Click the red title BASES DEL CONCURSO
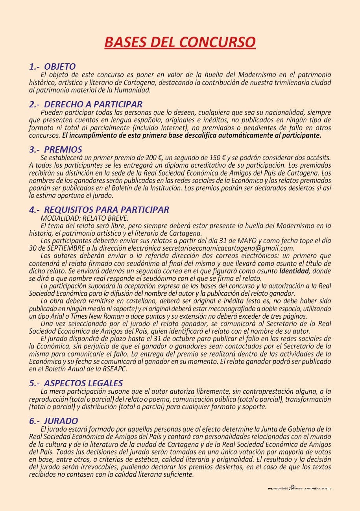click(x=180, y=42)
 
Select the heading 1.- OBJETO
click(x=52, y=66)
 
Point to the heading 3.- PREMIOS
click(x=55, y=149)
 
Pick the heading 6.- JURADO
click(x=54, y=421)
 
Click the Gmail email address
click(x=228, y=248)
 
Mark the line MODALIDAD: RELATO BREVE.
click(x=85, y=218)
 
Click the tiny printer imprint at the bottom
click(x=299, y=488)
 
